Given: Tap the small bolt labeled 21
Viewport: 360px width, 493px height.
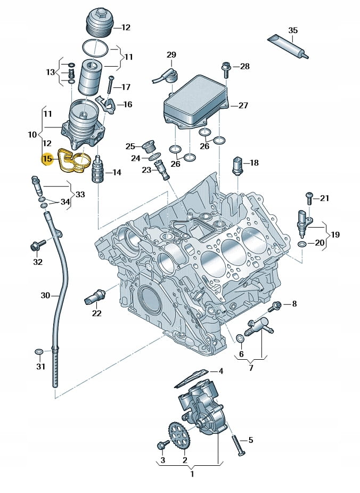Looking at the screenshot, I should pyautogui.click(x=309, y=198).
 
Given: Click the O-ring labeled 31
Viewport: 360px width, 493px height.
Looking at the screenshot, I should pyautogui.click(x=39, y=352).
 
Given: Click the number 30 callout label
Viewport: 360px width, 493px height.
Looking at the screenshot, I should pyautogui.click(x=46, y=295).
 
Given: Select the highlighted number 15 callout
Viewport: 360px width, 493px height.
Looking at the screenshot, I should pyautogui.click(x=47, y=159).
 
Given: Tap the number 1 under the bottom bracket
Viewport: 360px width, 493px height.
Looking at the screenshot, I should pyautogui.click(x=192, y=473).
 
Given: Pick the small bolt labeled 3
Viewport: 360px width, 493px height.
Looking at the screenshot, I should pyautogui.click(x=162, y=445).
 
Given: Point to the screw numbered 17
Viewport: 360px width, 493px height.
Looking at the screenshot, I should pyautogui.click(x=111, y=84).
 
